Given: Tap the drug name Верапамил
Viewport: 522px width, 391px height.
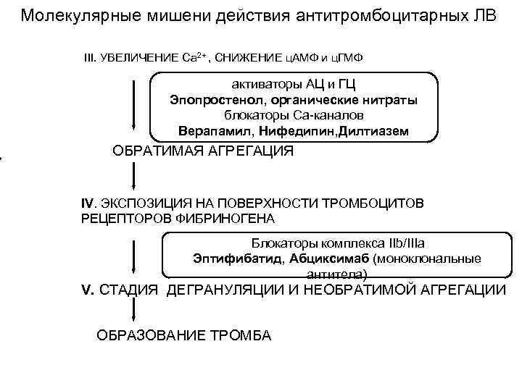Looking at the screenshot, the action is point(210,131).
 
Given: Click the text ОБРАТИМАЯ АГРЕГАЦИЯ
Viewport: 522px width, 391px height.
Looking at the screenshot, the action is point(204,152).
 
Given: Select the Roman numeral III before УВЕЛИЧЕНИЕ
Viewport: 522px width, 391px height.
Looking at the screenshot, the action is point(91,58).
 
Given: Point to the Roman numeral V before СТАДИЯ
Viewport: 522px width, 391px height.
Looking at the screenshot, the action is point(86,291).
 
